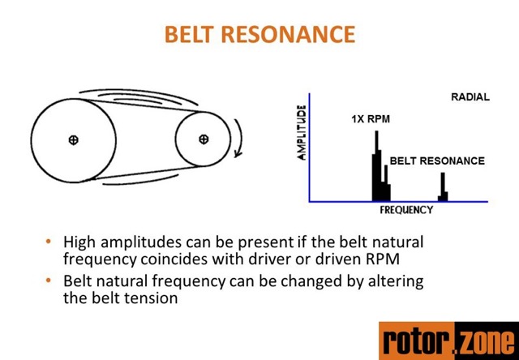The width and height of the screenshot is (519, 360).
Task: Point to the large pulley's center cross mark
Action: [x=73, y=140]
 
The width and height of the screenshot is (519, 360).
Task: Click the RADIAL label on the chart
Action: [x=470, y=97]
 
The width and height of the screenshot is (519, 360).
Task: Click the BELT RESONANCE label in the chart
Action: [x=437, y=161]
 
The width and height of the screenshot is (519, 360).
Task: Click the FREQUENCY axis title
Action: [x=406, y=210]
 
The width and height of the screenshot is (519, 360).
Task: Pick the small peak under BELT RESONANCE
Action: [x=443, y=188]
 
